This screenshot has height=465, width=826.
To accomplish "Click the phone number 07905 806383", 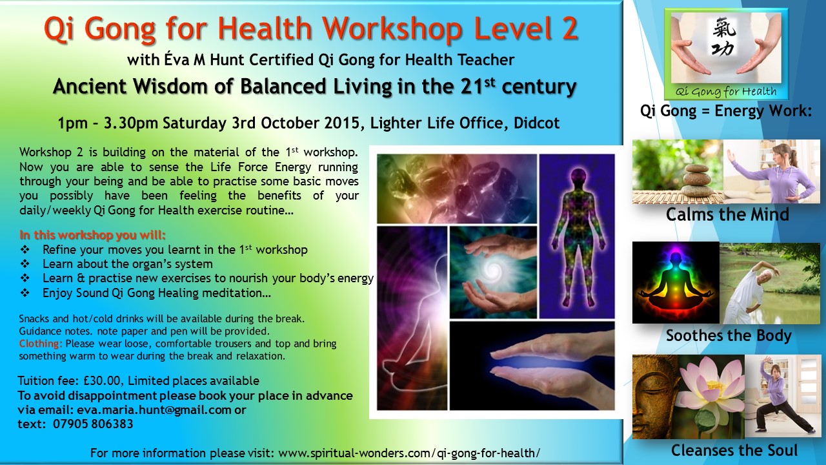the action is (93, 424).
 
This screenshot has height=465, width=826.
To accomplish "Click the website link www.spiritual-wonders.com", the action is (354, 453).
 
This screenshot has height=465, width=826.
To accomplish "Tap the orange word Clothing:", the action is (41, 344).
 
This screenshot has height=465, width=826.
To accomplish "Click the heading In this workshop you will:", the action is (92, 235).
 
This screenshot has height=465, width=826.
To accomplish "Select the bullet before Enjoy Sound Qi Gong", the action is (25, 293).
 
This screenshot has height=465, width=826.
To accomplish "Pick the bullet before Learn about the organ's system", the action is (25, 264).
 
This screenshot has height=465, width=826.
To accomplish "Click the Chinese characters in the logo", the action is (725, 37).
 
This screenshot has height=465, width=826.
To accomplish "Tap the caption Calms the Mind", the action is (727, 214).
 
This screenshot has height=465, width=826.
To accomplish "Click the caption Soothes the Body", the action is (729, 335).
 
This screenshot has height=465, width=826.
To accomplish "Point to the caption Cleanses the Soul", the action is (734, 450).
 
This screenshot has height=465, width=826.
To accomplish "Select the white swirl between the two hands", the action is (493, 270).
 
